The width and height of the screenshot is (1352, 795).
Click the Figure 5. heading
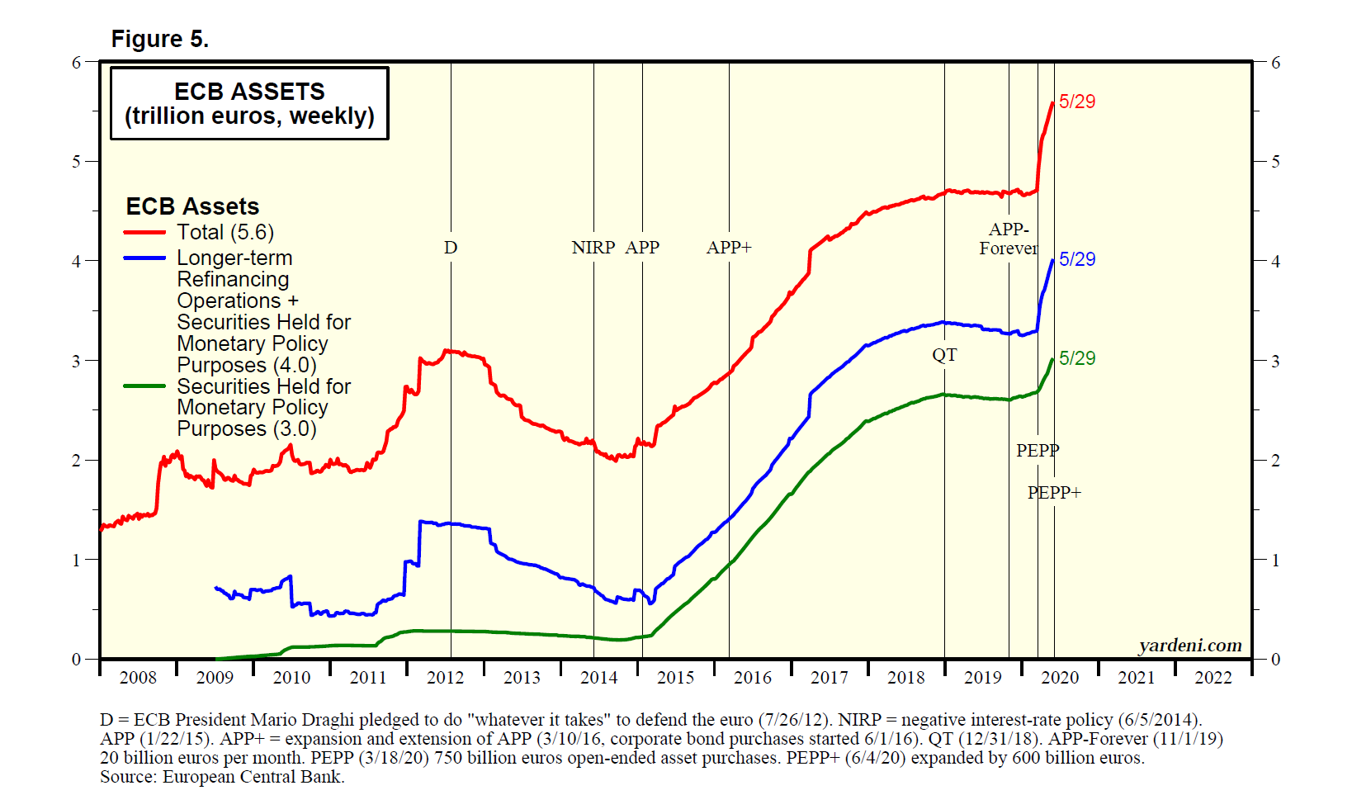[x=159, y=39]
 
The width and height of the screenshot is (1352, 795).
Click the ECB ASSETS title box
[x=249, y=103]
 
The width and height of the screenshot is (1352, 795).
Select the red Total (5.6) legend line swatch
[x=144, y=233]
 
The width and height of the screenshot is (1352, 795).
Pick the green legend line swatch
[x=144, y=386]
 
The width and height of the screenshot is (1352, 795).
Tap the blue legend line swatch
[x=144, y=258]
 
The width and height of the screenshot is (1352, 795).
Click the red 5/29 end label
[x=1077, y=102]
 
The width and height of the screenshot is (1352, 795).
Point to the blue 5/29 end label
[x=1077, y=259]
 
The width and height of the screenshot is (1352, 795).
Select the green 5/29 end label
[x=1077, y=358]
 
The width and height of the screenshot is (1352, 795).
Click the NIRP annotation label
[x=593, y=248]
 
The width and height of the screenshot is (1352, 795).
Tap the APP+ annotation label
[x=728, y=248]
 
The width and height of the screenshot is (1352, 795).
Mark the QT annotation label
[x=944, y=355]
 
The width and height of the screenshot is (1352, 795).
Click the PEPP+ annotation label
[x=1053, y=493]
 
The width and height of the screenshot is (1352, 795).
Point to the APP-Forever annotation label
[x=1008, y=239]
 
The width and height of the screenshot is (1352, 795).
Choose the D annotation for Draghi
[x=451, y=248]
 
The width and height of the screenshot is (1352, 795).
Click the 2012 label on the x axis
[x=445, y=678]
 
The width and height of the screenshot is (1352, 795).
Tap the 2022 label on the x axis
[x=1213, y=678]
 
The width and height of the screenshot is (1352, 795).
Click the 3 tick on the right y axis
[x=1275, y=361]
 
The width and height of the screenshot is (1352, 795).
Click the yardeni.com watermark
[x=1189, y=646]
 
